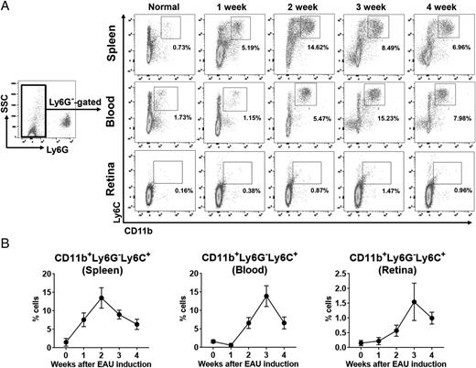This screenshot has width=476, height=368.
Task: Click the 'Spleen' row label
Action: [125, 43]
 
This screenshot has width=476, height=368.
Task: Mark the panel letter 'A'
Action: [6, 7]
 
